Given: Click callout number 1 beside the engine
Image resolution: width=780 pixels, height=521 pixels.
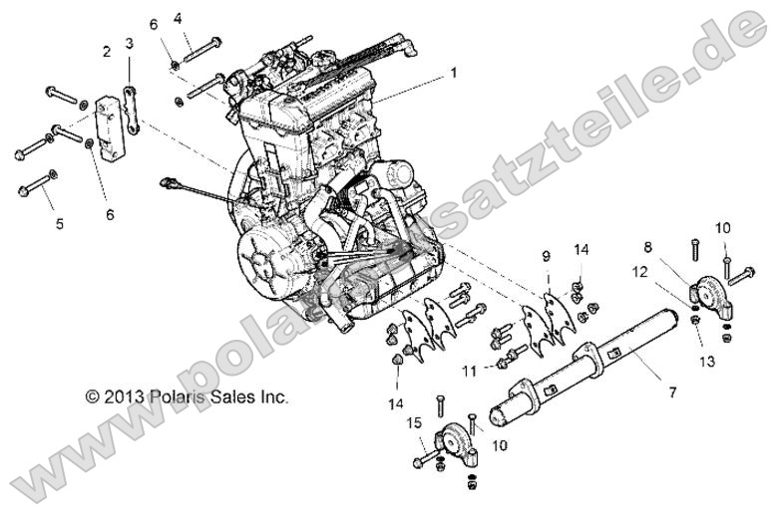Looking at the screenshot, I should coord(454,73).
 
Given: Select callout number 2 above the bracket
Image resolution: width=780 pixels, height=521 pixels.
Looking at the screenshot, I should coord(106,50).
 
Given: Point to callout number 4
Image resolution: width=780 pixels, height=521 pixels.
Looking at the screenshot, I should coord(178,18).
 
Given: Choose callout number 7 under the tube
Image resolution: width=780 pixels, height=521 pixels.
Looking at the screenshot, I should coord(672,393).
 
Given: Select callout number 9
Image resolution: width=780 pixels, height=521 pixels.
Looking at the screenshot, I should coord(546,256).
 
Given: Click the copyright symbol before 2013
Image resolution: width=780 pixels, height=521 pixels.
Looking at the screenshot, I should coord(93,395).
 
